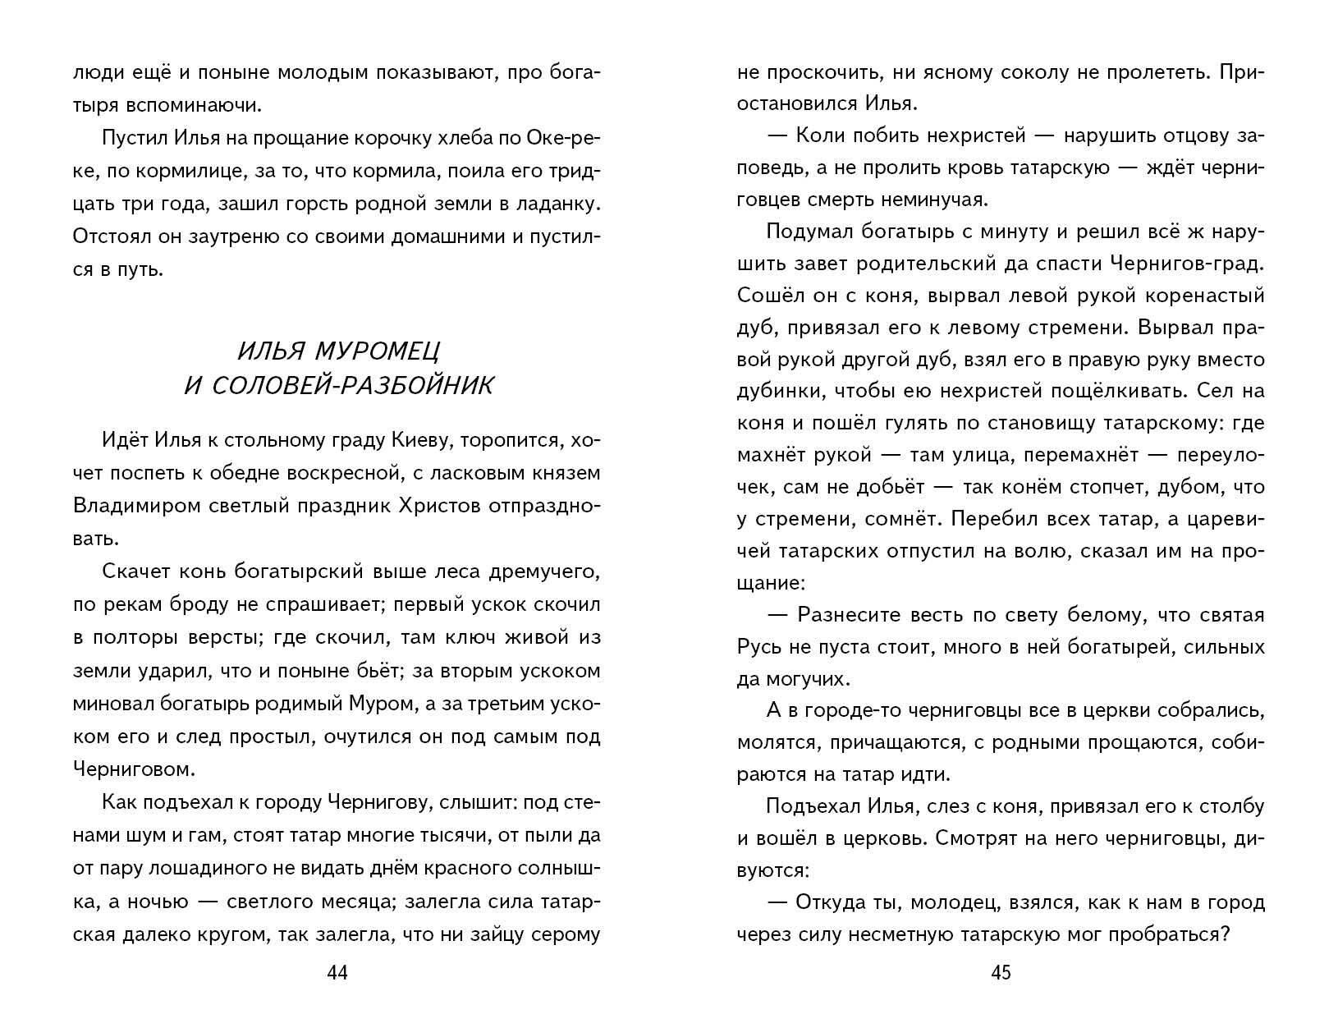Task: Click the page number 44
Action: (x=337, y=973)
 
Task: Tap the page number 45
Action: (x=1001, y=973)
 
